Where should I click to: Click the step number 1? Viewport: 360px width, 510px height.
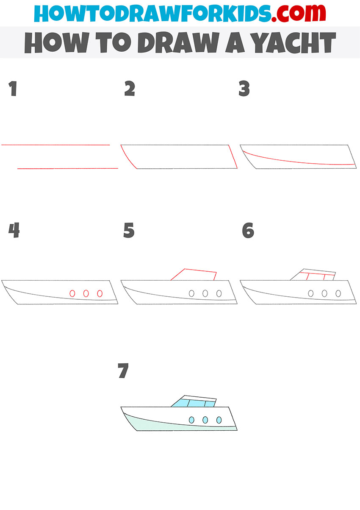13,89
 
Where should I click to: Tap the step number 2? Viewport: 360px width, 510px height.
130,88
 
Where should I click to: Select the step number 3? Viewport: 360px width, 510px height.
244,88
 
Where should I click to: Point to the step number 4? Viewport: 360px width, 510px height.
14,230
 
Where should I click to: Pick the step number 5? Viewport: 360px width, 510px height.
129,230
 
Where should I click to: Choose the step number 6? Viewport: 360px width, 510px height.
248,230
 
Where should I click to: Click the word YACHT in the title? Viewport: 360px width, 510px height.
294,42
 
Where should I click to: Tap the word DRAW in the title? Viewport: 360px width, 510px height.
178,42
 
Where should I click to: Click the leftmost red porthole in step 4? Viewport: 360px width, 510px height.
72,293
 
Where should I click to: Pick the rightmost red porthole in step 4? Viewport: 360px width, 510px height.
100,293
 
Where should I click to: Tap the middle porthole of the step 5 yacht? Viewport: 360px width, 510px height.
205,293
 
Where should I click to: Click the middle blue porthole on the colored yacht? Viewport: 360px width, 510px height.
205,420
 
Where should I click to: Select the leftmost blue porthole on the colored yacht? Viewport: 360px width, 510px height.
192,420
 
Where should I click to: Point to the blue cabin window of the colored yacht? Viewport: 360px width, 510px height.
196,403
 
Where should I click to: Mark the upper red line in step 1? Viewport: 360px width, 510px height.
55,145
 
